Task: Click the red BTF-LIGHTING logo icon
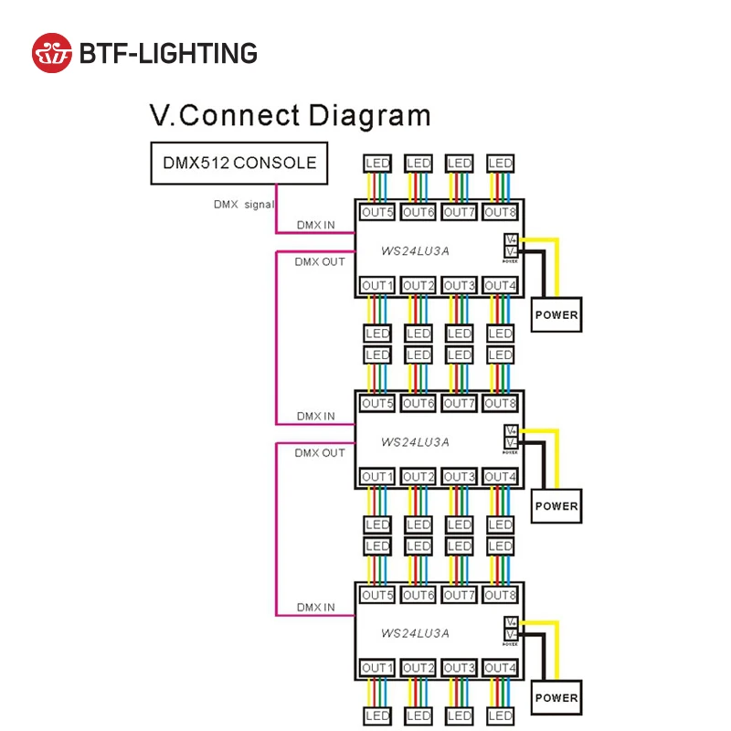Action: tap(51, 53)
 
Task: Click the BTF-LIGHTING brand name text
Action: tap(168, 53)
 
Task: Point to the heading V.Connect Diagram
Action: tap(290, 117)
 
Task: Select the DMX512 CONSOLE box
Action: tap(239, 164)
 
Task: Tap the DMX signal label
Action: tap(243, 205)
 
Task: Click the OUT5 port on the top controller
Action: tap(377, 213)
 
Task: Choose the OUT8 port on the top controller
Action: tap(500, 213)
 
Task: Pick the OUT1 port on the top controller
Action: tap(377, 286)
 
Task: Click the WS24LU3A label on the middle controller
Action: tap(415, 441)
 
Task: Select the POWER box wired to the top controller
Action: tap(556, 315)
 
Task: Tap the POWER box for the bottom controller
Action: tap(556, 698)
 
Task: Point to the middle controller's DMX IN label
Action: tap(315, 416)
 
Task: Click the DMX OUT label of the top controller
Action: tap(320, 261)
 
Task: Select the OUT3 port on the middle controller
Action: tap(459, 477)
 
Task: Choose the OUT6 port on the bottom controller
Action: tap(418, 596)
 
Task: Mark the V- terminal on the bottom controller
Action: tap(511, 634)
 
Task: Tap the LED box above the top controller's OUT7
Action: tap(459, 164)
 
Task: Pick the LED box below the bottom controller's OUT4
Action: tap(500, 716)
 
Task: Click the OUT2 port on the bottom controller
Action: tap(418, 669)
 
